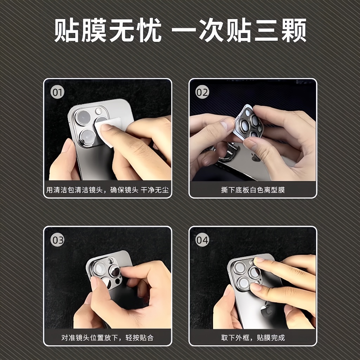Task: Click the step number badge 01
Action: pos(57,92)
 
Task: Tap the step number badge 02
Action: pos(202,92)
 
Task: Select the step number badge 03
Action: pos(57,240)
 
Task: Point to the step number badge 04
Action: pos(202,240)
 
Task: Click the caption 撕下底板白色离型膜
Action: pos(253,190)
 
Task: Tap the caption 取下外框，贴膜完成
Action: pos(253,337)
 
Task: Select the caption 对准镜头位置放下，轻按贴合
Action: pos(108,337)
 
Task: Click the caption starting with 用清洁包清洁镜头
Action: pos(108,190)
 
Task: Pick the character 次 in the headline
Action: pos(212,30)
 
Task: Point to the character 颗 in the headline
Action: pos(294,30)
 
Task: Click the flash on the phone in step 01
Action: pos(99,111)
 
